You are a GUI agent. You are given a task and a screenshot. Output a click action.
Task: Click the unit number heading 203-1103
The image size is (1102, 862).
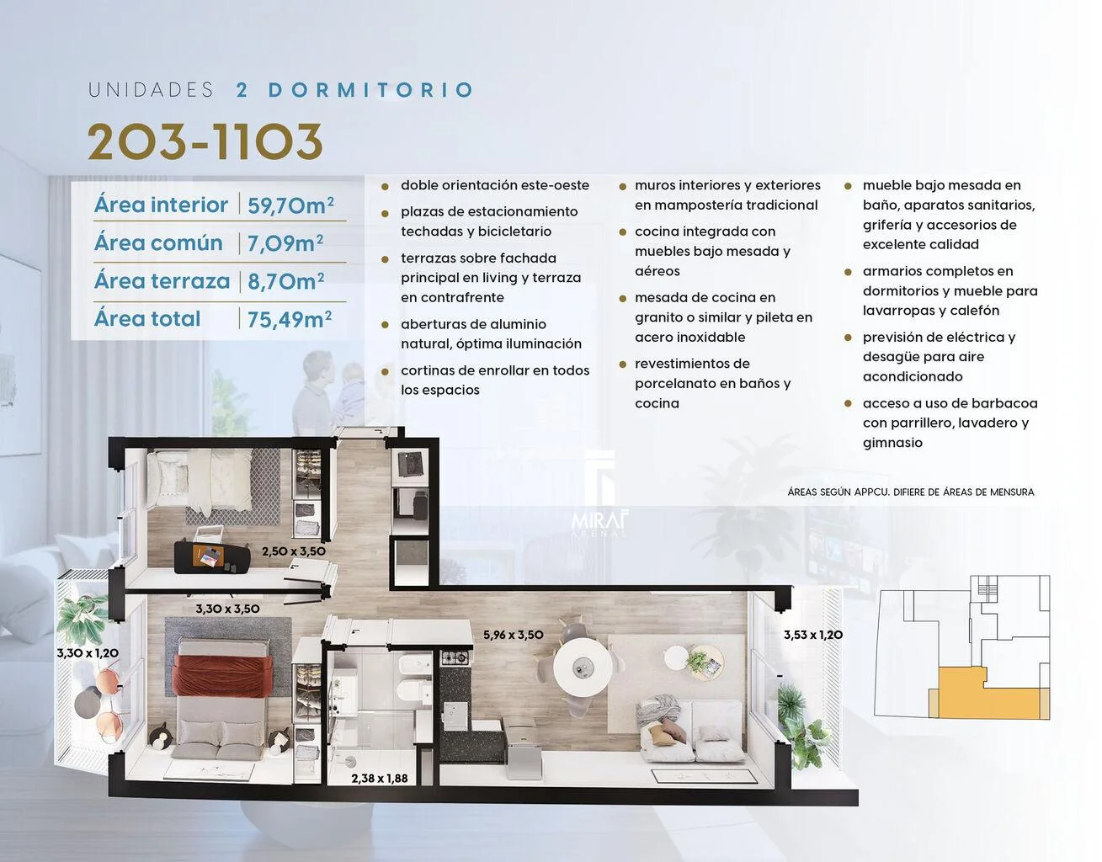tap(205, 141)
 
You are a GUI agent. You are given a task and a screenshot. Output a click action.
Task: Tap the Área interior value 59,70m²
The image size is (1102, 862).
tap(290, 205)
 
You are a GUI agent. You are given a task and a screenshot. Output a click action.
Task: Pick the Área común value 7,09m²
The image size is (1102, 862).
tap(285, 243)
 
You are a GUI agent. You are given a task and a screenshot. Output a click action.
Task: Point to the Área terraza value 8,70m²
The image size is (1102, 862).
tap(286, 281)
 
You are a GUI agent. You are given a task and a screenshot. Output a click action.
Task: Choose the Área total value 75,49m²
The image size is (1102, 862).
tap(290, 319)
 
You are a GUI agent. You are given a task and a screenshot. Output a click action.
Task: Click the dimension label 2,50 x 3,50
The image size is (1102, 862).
tap(294, 551)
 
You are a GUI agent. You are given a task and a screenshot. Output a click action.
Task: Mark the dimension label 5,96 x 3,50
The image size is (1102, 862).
tap(514, 635)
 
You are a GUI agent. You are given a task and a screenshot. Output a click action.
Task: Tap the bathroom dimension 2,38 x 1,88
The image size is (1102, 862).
tap(380, 779)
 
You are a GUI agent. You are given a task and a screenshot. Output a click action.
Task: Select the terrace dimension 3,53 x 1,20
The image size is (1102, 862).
tap(813, 635)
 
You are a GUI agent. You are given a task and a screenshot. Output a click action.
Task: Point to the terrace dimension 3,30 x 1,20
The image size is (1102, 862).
tap(88, 653)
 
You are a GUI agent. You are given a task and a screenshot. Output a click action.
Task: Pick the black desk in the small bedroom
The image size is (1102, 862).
tap(212, 557)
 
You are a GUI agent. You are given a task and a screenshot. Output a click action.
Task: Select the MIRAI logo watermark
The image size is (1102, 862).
tap(600, 524)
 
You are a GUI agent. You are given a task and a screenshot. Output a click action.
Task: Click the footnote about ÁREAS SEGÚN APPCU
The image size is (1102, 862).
tap(910, 492)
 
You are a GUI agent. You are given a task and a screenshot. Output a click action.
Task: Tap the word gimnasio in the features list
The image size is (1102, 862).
tap(892, 443)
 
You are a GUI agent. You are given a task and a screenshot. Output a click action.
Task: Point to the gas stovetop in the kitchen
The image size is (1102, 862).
tap(455, 658)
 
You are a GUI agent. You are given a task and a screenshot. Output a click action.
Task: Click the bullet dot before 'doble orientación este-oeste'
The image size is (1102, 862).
tap(385, 187)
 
